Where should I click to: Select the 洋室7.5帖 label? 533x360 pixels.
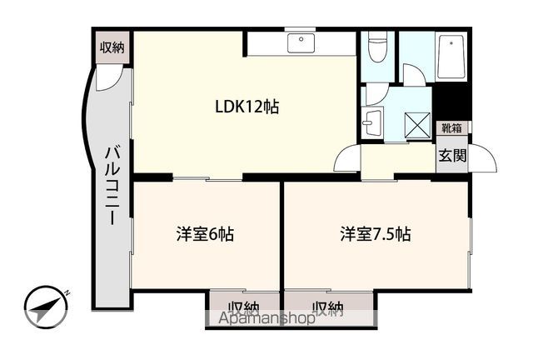tap(375, 233)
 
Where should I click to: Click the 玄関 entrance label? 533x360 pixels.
tap(452, 154)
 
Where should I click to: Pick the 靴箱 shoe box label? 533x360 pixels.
tap(452, 128)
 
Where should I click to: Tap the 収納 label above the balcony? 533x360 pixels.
tap(112, 47)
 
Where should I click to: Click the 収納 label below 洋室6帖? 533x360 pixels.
tap(240, 309)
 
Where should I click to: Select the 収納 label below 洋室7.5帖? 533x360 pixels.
tap(327, 309)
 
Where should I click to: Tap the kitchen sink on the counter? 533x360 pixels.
tap(299, 42)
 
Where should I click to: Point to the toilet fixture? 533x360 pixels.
tap(376, 48)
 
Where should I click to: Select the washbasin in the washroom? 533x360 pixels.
tap(372, 122)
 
